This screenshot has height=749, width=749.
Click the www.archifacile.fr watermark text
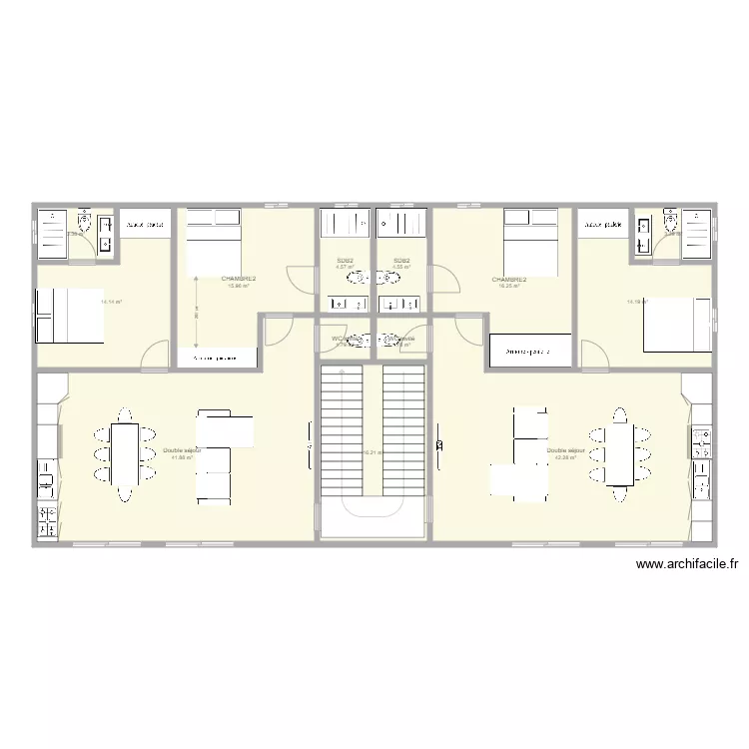(x=688, y=565)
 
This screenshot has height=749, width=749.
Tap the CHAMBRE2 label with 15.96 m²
(x=238, y=280)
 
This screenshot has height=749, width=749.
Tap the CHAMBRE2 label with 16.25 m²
(x=508, y=280)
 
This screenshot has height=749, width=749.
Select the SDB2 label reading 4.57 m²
(x=345, y=262)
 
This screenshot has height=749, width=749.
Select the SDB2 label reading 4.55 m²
(x=400, y=262)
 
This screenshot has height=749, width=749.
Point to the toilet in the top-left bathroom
(x=85, y=221)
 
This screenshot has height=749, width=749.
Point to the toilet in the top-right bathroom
(x=666, y=221)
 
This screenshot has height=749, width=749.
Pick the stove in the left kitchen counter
(x=46, y=515)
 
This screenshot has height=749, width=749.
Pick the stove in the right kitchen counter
(x=701, y=435)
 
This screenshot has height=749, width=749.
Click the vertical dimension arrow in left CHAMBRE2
(x=196, y=312)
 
